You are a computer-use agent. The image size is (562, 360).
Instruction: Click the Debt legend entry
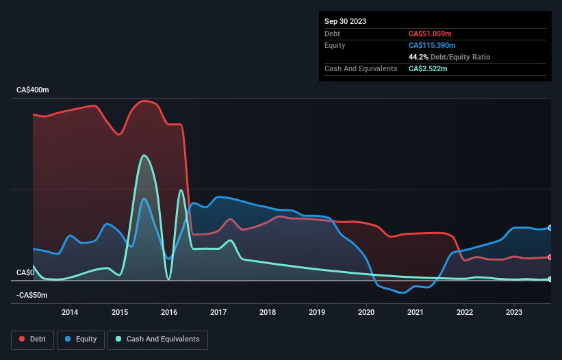[x=33, y=339]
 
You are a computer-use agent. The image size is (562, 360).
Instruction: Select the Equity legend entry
[x=81, y=339]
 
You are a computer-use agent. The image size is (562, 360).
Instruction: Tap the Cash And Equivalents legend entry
[x=157, y=339]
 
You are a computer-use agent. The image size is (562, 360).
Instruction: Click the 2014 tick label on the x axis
[x=70, y=313]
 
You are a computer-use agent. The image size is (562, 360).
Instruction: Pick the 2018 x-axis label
[x=268, y=313]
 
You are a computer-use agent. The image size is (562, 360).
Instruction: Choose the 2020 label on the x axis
[x=366, y=313]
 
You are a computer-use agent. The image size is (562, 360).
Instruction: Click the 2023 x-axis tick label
[x=514, y=313]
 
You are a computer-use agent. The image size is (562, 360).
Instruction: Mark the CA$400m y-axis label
[x=33, y=90]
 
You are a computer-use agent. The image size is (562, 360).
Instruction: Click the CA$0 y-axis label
[x=25, y=273]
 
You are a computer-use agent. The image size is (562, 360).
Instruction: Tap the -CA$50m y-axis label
[x=32, y=295]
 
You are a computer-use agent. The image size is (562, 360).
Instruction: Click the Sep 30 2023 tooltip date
[x=345, y=21]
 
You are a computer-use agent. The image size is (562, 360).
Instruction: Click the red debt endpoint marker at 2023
[x=550, y=257]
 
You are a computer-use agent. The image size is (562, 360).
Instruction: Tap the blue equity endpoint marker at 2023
[x=550, y=228]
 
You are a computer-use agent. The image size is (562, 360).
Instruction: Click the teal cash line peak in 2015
[x=144, y=155]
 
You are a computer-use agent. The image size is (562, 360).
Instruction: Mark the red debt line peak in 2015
[x=144, y=101]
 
